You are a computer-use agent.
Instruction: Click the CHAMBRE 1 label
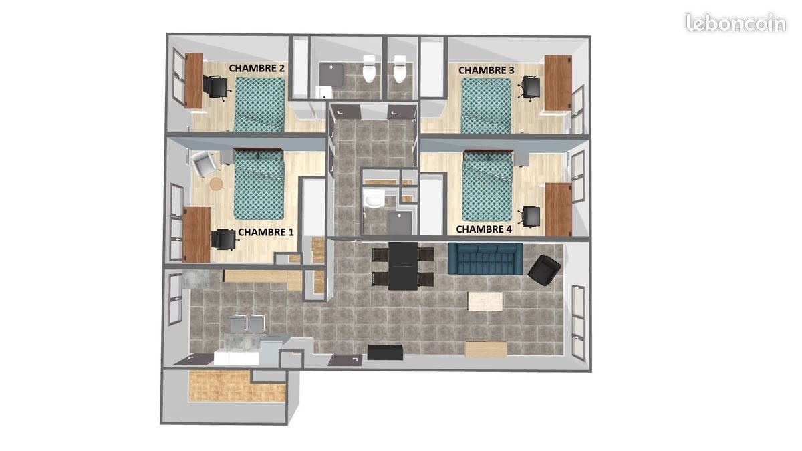tap(266, 232)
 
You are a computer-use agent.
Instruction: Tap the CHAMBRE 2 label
tap(257, 68)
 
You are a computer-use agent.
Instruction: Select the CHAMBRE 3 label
tap(486, 70)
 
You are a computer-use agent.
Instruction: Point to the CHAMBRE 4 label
tap(484, 229)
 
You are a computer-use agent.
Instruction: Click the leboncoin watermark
tap(735, 23)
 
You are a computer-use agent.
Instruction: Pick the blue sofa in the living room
tap(485, 259)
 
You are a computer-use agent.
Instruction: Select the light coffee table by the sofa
tap(485, 301)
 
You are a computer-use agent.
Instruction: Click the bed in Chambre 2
tap(260, 104)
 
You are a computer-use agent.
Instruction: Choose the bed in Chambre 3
tap(487, 106)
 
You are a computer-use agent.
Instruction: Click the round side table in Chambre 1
tap(216, 183)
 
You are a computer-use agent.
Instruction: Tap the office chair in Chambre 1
tap(223, 239)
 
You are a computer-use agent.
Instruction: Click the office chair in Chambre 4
tap(531, 215)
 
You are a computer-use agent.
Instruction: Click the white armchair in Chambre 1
tap(203, 164)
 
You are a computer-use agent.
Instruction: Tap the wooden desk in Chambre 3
tap(558, 83)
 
